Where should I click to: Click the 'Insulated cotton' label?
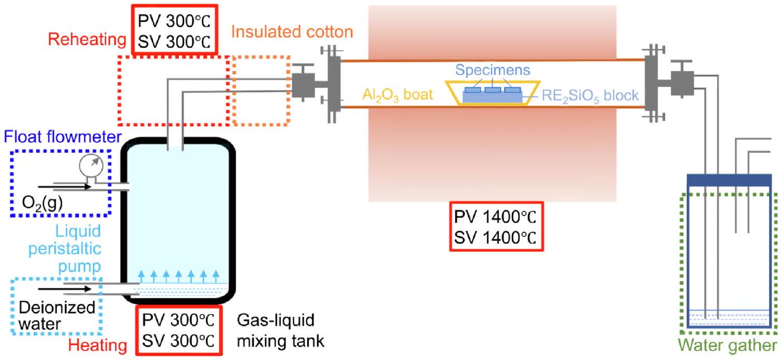point(292,32)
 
